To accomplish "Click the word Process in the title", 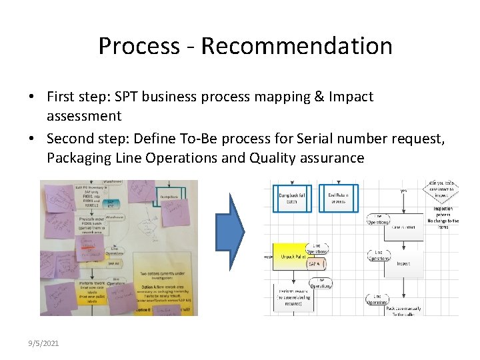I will (139, 46).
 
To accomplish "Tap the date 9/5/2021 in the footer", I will (44, 343).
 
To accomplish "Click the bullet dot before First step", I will (33, 97).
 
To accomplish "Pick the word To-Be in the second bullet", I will (226, 139).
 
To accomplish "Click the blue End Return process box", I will (339, 198).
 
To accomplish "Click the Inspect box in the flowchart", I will (404, 263).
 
